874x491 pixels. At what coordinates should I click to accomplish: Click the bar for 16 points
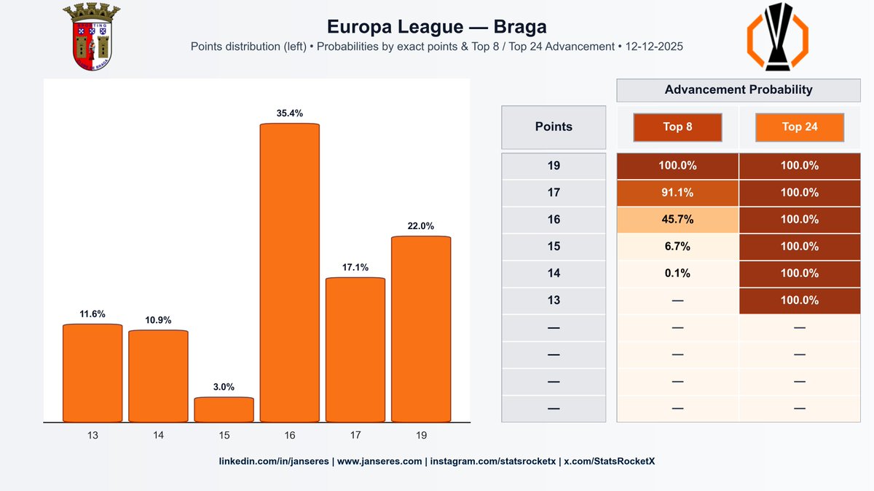(290, 273)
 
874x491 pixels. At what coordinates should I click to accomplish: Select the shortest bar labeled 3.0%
(224, 410)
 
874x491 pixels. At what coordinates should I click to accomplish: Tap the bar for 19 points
(421, 329)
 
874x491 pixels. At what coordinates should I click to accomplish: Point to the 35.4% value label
(290, 113)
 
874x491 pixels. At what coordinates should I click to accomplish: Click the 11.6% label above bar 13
(92, 314)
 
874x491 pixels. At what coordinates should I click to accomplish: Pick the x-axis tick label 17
(355, 436)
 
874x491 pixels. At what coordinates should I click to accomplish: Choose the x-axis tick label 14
(158, 436)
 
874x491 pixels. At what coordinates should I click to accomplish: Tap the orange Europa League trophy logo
(777, 37)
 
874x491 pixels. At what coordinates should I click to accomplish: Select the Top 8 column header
(677, 127)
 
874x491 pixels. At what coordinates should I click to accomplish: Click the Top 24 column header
(800, 127)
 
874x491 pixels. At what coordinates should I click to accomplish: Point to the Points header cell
(554, 127)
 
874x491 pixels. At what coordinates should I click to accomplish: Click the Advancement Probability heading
(739, 90)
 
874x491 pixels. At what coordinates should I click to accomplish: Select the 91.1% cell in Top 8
(677, 193)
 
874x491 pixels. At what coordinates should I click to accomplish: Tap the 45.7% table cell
(677, 220)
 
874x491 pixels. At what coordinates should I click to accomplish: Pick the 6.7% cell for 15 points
(677, 247)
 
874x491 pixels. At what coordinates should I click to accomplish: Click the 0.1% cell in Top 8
(677, 274)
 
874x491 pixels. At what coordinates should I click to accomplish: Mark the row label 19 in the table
(554, 166)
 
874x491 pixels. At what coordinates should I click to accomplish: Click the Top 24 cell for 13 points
(800, 300)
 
